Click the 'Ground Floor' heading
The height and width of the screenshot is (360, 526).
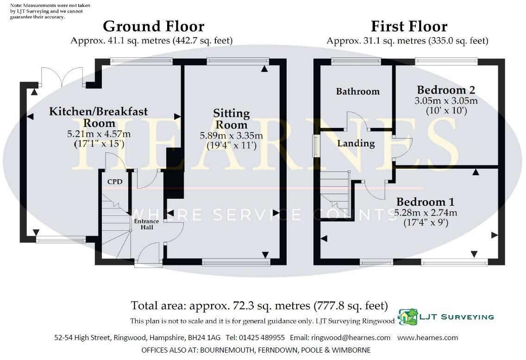(x=153, y=26)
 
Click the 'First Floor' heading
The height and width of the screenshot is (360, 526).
(x=409, y=26)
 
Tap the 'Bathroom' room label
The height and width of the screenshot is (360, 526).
(x=357, y=92)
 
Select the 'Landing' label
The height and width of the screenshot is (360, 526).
(x=356, y=144)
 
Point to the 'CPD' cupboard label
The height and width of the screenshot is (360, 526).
(x=115, y=182)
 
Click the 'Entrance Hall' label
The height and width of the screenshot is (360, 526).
(x=146, y=224)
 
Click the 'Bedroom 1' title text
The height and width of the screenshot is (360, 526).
(x=425, y=202)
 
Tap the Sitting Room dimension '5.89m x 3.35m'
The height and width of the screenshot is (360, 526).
(x=231, y=136)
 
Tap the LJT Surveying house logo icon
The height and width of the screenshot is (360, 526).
(x=407, y=317)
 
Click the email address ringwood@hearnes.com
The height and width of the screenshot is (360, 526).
(x=351, y=338)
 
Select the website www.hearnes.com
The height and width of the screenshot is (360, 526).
(x=427, y=338)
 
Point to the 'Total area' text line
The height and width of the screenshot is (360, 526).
(x=259, y=306)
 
